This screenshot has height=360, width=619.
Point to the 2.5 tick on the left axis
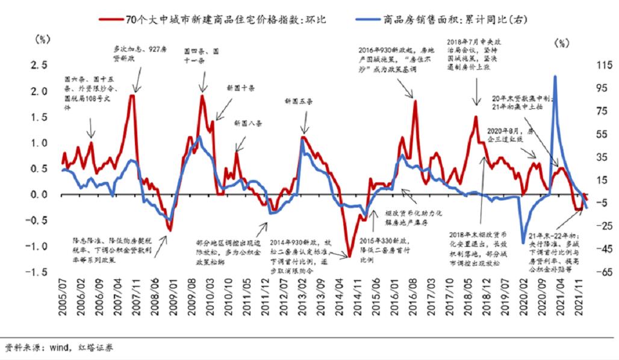coord(40,65)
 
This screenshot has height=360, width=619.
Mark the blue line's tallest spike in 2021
coord(555,77)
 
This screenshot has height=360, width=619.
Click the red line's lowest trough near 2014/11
coord(349,257)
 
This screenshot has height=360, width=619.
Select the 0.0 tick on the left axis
coord(40,194)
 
